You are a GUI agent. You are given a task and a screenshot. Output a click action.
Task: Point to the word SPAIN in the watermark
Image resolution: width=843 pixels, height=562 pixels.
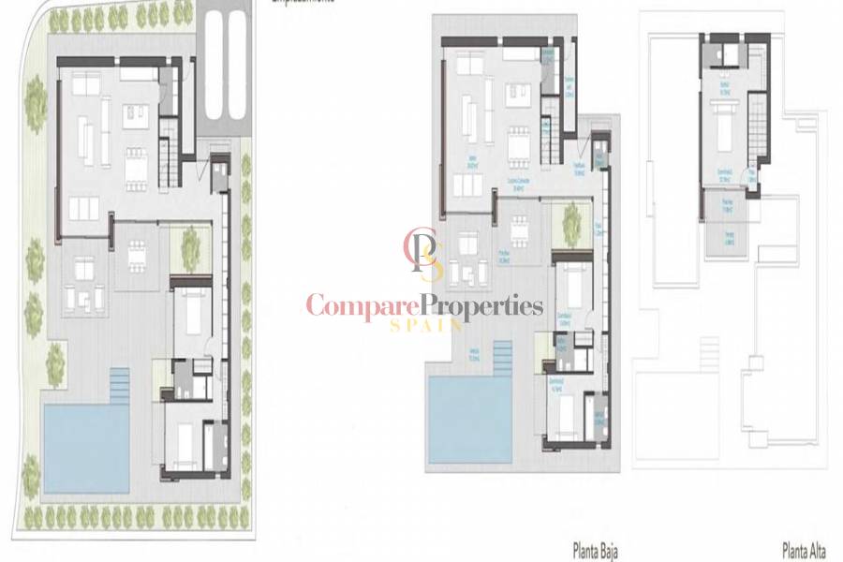click(x=425, y=326)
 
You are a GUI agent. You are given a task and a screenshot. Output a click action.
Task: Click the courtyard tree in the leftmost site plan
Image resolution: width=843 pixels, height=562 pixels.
click(x=191, y=245)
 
